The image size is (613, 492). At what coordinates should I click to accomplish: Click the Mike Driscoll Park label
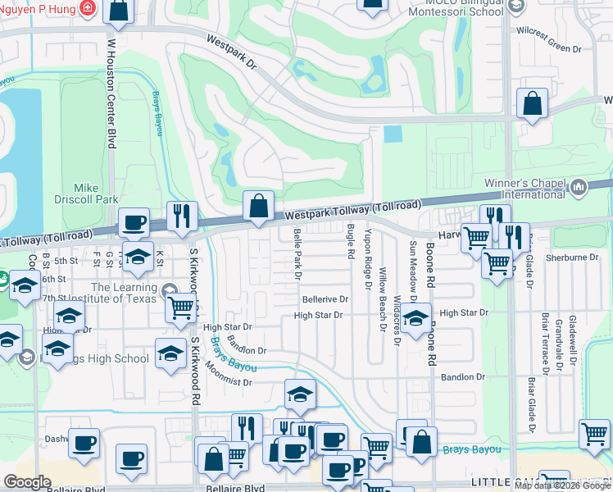coord(96,194)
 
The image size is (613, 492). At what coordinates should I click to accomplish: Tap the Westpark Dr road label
coord(232,52)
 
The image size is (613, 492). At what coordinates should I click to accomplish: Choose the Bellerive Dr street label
coord(325,300)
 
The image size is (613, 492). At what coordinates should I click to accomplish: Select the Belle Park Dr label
coord(297,254)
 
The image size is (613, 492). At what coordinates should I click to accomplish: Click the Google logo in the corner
coord(27,481)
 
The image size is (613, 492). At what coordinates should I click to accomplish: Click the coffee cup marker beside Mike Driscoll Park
coord(134,222)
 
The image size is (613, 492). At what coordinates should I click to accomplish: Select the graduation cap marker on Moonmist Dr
coord(300,395)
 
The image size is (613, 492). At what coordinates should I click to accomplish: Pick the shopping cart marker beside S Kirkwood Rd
coord(180,307)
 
